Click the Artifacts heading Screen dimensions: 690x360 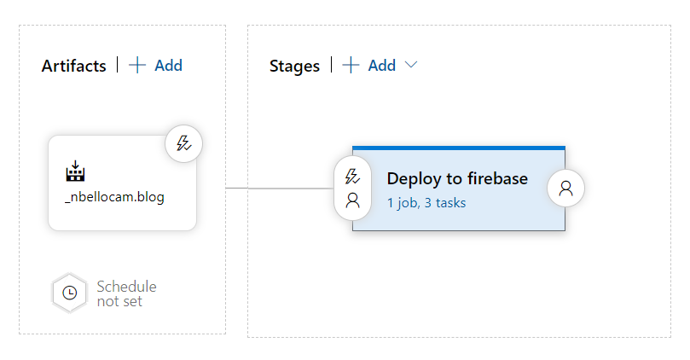coord(74,66)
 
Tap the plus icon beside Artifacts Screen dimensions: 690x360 coord(137,65)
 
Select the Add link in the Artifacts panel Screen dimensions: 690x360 coord(169,66)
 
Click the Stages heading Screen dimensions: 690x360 coord(294,67)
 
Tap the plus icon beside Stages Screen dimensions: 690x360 coord(351,65)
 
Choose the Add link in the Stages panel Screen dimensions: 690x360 coord(382,66)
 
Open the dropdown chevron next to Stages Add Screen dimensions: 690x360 coord(411,65)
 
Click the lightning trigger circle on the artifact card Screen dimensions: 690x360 coord(184,143)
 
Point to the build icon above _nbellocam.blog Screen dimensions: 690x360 coord(75,171)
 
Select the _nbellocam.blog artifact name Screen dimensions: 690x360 coord(114,197)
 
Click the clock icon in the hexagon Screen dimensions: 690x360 coord(70,293)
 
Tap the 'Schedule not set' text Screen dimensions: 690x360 coord(127,294)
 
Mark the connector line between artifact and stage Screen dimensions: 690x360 coord(280,189)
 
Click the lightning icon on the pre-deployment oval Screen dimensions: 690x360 coord(352,177)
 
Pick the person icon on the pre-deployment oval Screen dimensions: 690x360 coord(352,200)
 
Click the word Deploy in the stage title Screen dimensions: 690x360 coord(415,179)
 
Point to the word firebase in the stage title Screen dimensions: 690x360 coord(498,178)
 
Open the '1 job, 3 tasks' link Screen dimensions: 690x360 coord(426,203)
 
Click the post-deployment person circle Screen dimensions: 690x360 coord(566,188)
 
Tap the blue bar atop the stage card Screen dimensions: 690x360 coord(459,148)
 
